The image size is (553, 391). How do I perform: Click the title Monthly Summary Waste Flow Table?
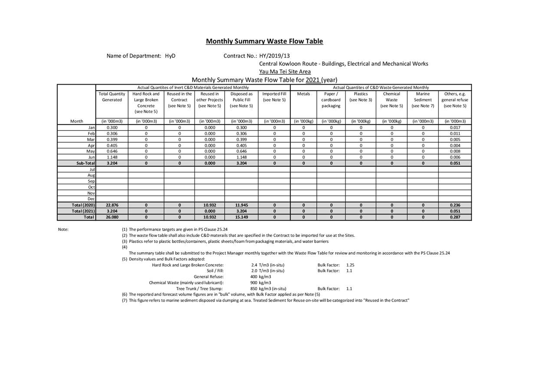264,41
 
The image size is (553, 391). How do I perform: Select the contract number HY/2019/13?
274,56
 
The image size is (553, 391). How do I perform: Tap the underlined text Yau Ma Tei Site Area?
285,72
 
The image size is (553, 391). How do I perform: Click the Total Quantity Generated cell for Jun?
112,157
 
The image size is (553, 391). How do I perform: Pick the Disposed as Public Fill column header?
241,100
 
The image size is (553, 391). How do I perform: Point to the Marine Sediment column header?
423,100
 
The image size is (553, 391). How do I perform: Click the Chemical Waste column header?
392,100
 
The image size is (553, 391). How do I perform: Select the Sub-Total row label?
86,163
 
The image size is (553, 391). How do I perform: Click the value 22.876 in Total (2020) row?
112,205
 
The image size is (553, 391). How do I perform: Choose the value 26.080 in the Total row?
112,217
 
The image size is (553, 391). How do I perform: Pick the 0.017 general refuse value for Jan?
455,128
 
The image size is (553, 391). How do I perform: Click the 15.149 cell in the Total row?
241,217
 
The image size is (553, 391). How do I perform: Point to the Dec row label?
91,199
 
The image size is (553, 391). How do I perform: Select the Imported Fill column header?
274,97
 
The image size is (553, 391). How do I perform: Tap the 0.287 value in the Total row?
455,217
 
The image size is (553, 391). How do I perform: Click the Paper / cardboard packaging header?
331,100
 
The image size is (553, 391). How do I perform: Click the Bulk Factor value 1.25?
350,265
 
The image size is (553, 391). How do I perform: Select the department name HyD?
170,56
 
